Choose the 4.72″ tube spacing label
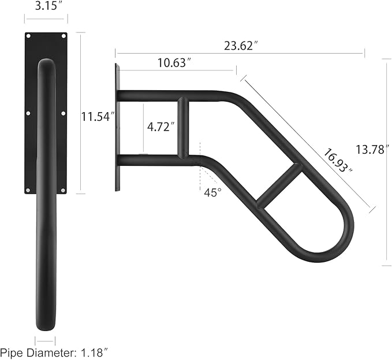pos(160,127)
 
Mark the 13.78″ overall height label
pos(370,150)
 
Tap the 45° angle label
pos(212,192)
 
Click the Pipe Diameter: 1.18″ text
pos(54,351)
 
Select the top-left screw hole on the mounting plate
pos(28,38)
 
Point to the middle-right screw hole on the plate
pos(63,113)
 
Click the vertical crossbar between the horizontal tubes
pos(182,128)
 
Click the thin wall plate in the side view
pos(117,127)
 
